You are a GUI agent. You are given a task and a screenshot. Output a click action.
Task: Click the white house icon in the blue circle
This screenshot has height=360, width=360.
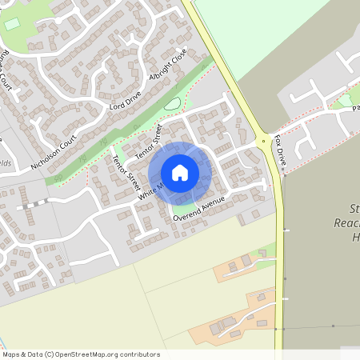click(x=180, y=173)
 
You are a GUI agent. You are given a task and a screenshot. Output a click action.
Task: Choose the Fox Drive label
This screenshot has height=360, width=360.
click(x=280, y=150)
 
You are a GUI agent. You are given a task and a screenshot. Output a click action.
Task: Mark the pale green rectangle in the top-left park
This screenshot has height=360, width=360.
click(x=11, y=24)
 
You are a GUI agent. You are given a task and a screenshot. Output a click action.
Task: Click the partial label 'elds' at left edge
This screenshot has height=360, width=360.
click(x=5, y=162)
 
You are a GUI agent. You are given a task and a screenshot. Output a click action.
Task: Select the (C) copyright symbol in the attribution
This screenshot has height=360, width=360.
click(x=50, y=354)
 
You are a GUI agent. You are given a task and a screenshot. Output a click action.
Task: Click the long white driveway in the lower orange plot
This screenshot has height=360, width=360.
click(x=240, y=318)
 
